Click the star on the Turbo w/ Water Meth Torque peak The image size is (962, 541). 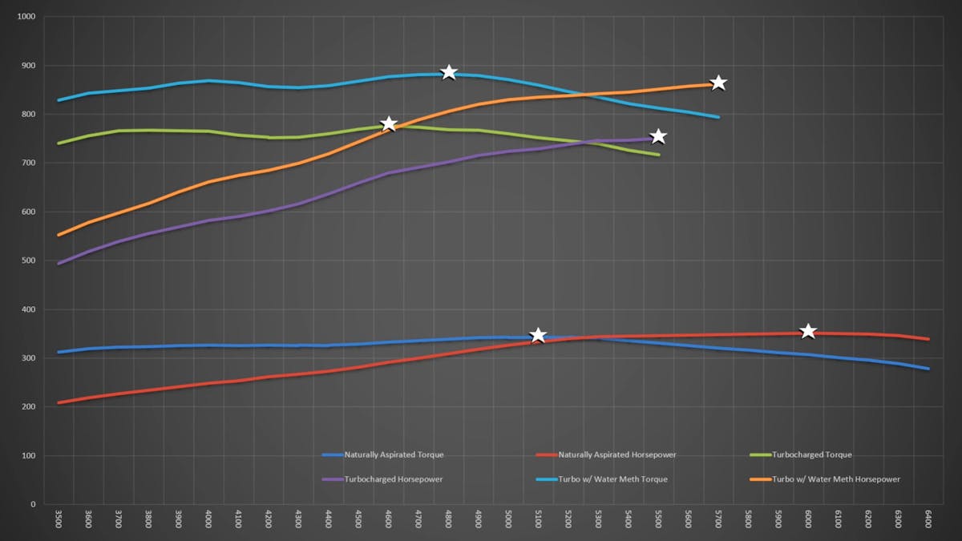(x=449, y=73)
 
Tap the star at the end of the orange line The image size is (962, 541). (x=718, y=83)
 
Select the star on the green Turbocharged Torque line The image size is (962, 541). (x=389, y=123)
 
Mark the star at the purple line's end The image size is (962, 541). (x=658, y=136)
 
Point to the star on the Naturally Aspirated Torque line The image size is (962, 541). (x=538, y=335)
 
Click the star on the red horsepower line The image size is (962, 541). (x=808, y=331)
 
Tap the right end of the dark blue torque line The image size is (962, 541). (x=928, y=369)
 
